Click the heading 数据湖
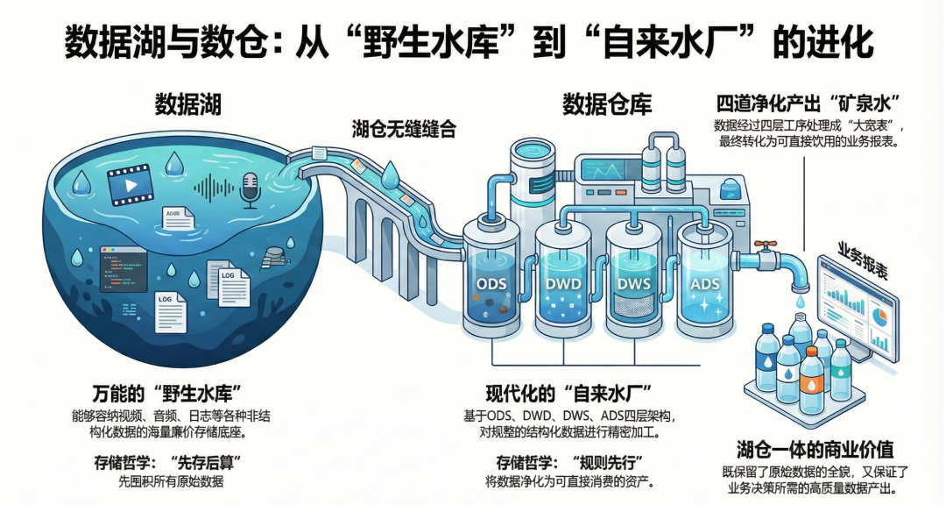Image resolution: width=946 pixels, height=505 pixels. pos(187,104)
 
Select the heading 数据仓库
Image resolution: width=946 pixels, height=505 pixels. pos(607,105)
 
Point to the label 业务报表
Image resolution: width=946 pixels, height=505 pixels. pos(863,260)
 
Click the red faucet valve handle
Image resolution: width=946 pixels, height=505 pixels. pos(768,248)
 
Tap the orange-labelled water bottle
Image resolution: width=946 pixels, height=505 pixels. pos(812,379)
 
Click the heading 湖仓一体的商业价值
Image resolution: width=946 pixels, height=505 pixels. pos(815,450)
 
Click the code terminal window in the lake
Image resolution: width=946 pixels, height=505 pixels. pos(123,268)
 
